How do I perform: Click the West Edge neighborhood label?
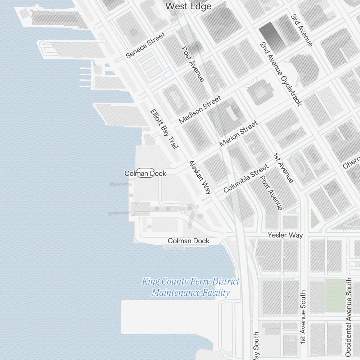point(188,6)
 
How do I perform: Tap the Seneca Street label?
point(145,45)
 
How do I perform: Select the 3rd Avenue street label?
point(302,30)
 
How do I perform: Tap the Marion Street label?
point(238,134)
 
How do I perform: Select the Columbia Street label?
point(246,178)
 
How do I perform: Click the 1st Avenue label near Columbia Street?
point(283,168)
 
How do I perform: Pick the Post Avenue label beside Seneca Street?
point(193,64)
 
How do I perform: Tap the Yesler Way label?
point(285,235)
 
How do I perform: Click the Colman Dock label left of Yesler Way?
point(188,241)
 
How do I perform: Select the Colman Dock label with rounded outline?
point(145,173)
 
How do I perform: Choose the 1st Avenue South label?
point(303,316)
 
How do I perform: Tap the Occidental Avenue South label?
point(348,317)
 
